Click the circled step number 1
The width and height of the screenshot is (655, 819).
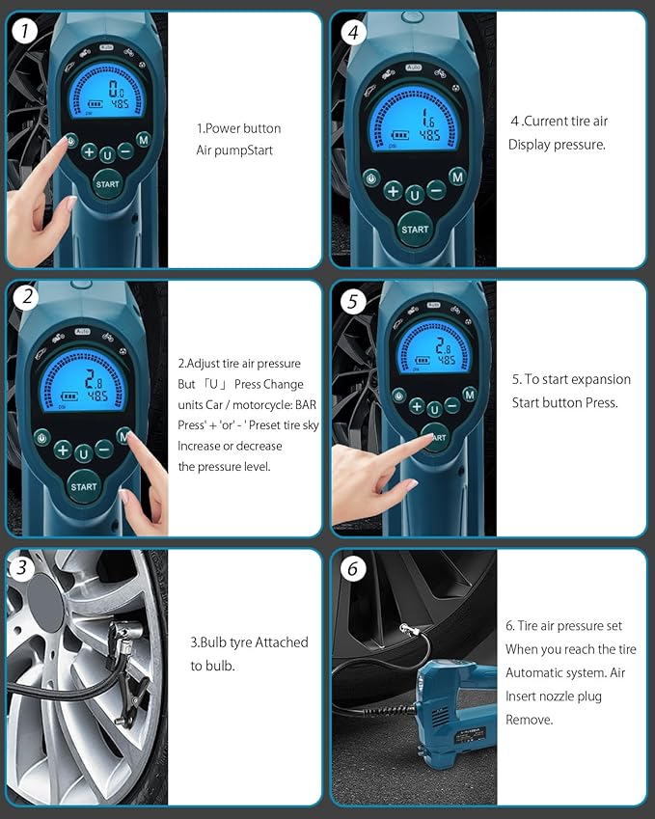pos(24,31)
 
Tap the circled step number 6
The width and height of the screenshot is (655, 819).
pos(352,569)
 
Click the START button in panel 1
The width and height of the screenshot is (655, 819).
pos(108,184)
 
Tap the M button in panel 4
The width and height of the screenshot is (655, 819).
pos(457,177)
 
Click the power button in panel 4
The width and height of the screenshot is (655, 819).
pos(371,178)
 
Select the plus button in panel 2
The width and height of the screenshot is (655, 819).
pos(63,450)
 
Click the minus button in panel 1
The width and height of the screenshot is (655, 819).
pos(125,150)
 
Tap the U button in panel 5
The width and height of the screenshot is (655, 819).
pos(434,409)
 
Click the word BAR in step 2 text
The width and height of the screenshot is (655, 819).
pos(306,405)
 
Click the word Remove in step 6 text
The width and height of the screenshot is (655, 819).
pos(529,720)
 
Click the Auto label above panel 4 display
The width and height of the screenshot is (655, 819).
pos(414,68)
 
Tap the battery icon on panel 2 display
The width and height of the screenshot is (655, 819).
pos(68,396)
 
